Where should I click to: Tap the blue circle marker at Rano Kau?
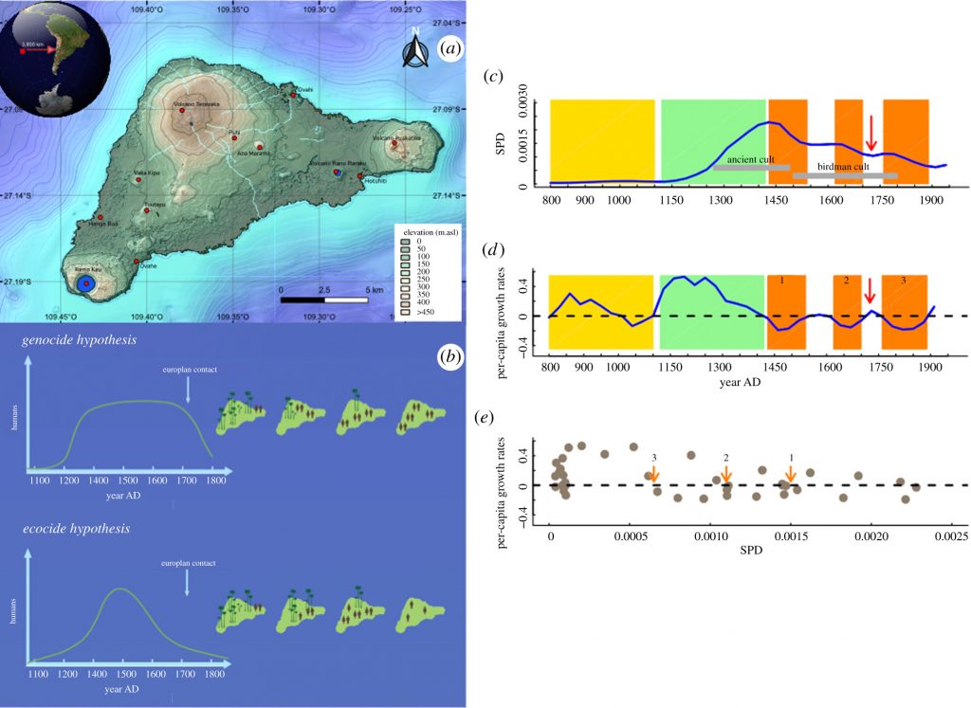(x=85, y=283)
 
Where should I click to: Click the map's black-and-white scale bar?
(x=323, y=300)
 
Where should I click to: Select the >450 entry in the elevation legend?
(x=414, y=311)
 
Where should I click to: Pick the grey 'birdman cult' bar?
(x=845, y=175)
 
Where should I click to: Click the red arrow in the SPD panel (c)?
(x=871, y=132)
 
